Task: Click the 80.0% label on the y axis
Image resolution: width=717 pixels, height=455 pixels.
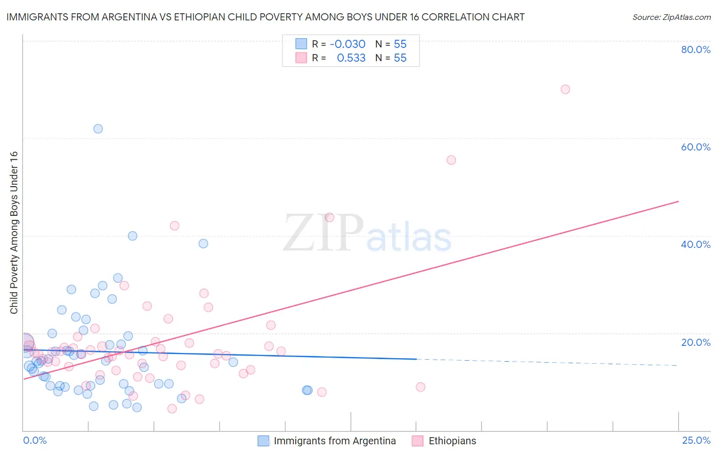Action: click(696, 49)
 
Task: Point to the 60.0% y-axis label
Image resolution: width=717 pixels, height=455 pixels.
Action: click(696, 147)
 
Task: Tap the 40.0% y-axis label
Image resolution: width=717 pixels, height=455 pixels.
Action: click(696, 244)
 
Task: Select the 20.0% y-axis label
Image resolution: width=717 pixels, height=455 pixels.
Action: click(696, 342)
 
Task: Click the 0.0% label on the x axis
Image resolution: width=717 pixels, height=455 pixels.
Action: click(35, 440)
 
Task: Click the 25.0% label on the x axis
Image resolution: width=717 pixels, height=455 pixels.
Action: click(696, 440)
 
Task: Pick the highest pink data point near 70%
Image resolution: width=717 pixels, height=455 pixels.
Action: click(565, 89)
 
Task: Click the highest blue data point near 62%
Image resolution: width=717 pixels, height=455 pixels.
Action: click(98, 129)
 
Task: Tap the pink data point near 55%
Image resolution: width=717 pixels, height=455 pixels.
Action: click(451, 160)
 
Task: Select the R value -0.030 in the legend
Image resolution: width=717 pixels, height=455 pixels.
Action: click(347, 44)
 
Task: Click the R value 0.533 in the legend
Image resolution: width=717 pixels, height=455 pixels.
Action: click(351, 58)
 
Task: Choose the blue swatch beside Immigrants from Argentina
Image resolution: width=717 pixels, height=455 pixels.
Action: click(263, 441)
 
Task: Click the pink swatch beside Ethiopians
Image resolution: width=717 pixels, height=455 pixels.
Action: click(418, 441)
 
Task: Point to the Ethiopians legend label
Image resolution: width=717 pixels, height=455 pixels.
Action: click(452, 441)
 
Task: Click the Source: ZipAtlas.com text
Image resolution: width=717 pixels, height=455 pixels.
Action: click(671, 17)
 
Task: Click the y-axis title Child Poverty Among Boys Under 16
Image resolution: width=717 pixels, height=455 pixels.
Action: click(14, 233)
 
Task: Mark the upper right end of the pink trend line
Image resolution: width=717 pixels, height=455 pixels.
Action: click(678, 201)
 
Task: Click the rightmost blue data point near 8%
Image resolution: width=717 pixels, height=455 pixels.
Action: click(307, 390)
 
